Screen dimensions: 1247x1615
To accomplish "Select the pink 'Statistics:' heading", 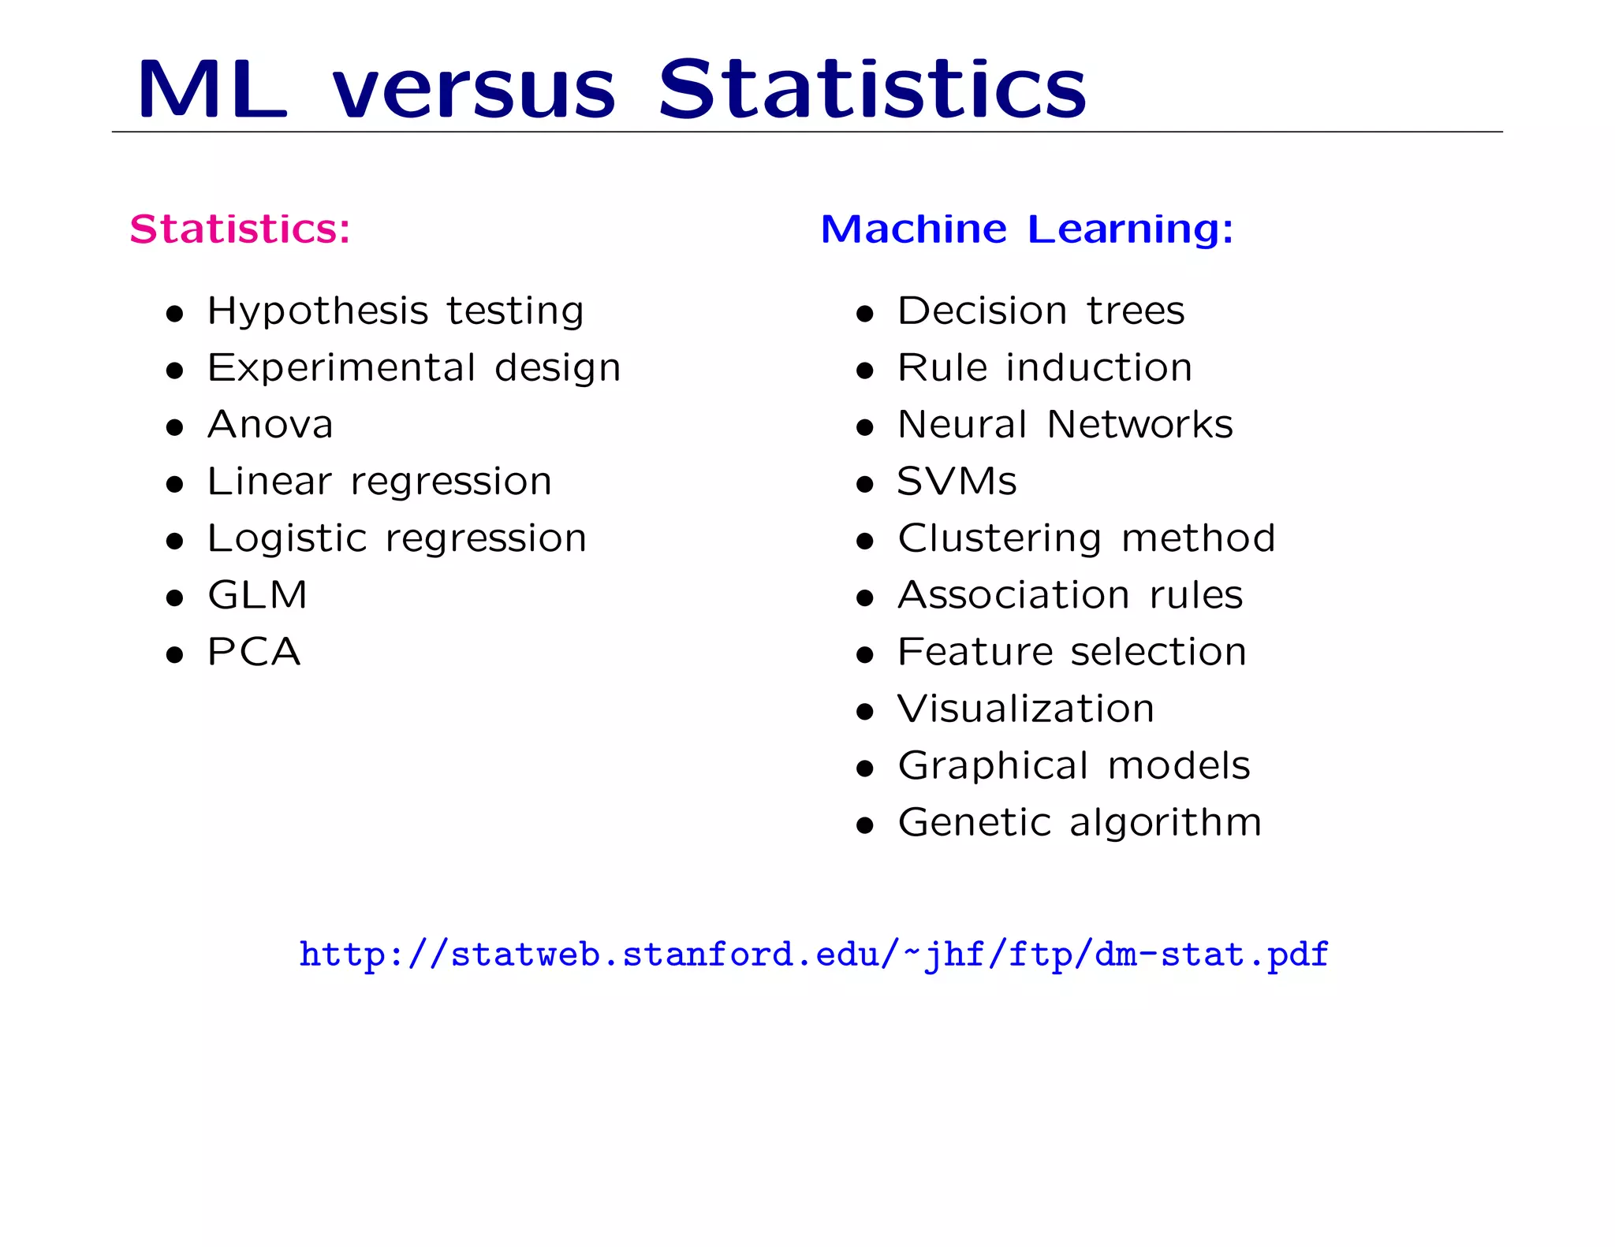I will coord(240,229).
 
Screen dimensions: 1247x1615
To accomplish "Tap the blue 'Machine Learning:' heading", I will coord(1027,229).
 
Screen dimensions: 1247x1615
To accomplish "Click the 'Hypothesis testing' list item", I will coord(395,311).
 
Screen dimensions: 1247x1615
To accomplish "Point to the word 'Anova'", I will coord(270,425).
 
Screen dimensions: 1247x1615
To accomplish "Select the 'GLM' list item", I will coord(257,595).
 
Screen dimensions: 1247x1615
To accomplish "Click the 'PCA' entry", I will coord(254,652).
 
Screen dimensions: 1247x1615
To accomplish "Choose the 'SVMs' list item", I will coord(957,482).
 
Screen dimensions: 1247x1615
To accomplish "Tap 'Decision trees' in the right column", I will coord(1041,311).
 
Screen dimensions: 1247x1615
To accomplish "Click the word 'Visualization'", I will coord(1026,709).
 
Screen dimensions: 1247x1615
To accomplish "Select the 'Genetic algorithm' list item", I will coord(1080,823).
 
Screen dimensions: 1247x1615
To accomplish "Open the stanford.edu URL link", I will coord(814,955).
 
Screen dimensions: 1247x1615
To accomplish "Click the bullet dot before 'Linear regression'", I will coord(175,484).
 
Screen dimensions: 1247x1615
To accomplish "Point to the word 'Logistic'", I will coord(287,539).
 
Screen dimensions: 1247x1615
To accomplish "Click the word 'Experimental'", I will coord(341,369).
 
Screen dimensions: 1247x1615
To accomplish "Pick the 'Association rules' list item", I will coord(1070,595).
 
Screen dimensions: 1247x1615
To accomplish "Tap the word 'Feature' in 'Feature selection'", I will coord(975,652).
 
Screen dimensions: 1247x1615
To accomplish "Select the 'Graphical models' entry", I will coord(1074,766).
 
